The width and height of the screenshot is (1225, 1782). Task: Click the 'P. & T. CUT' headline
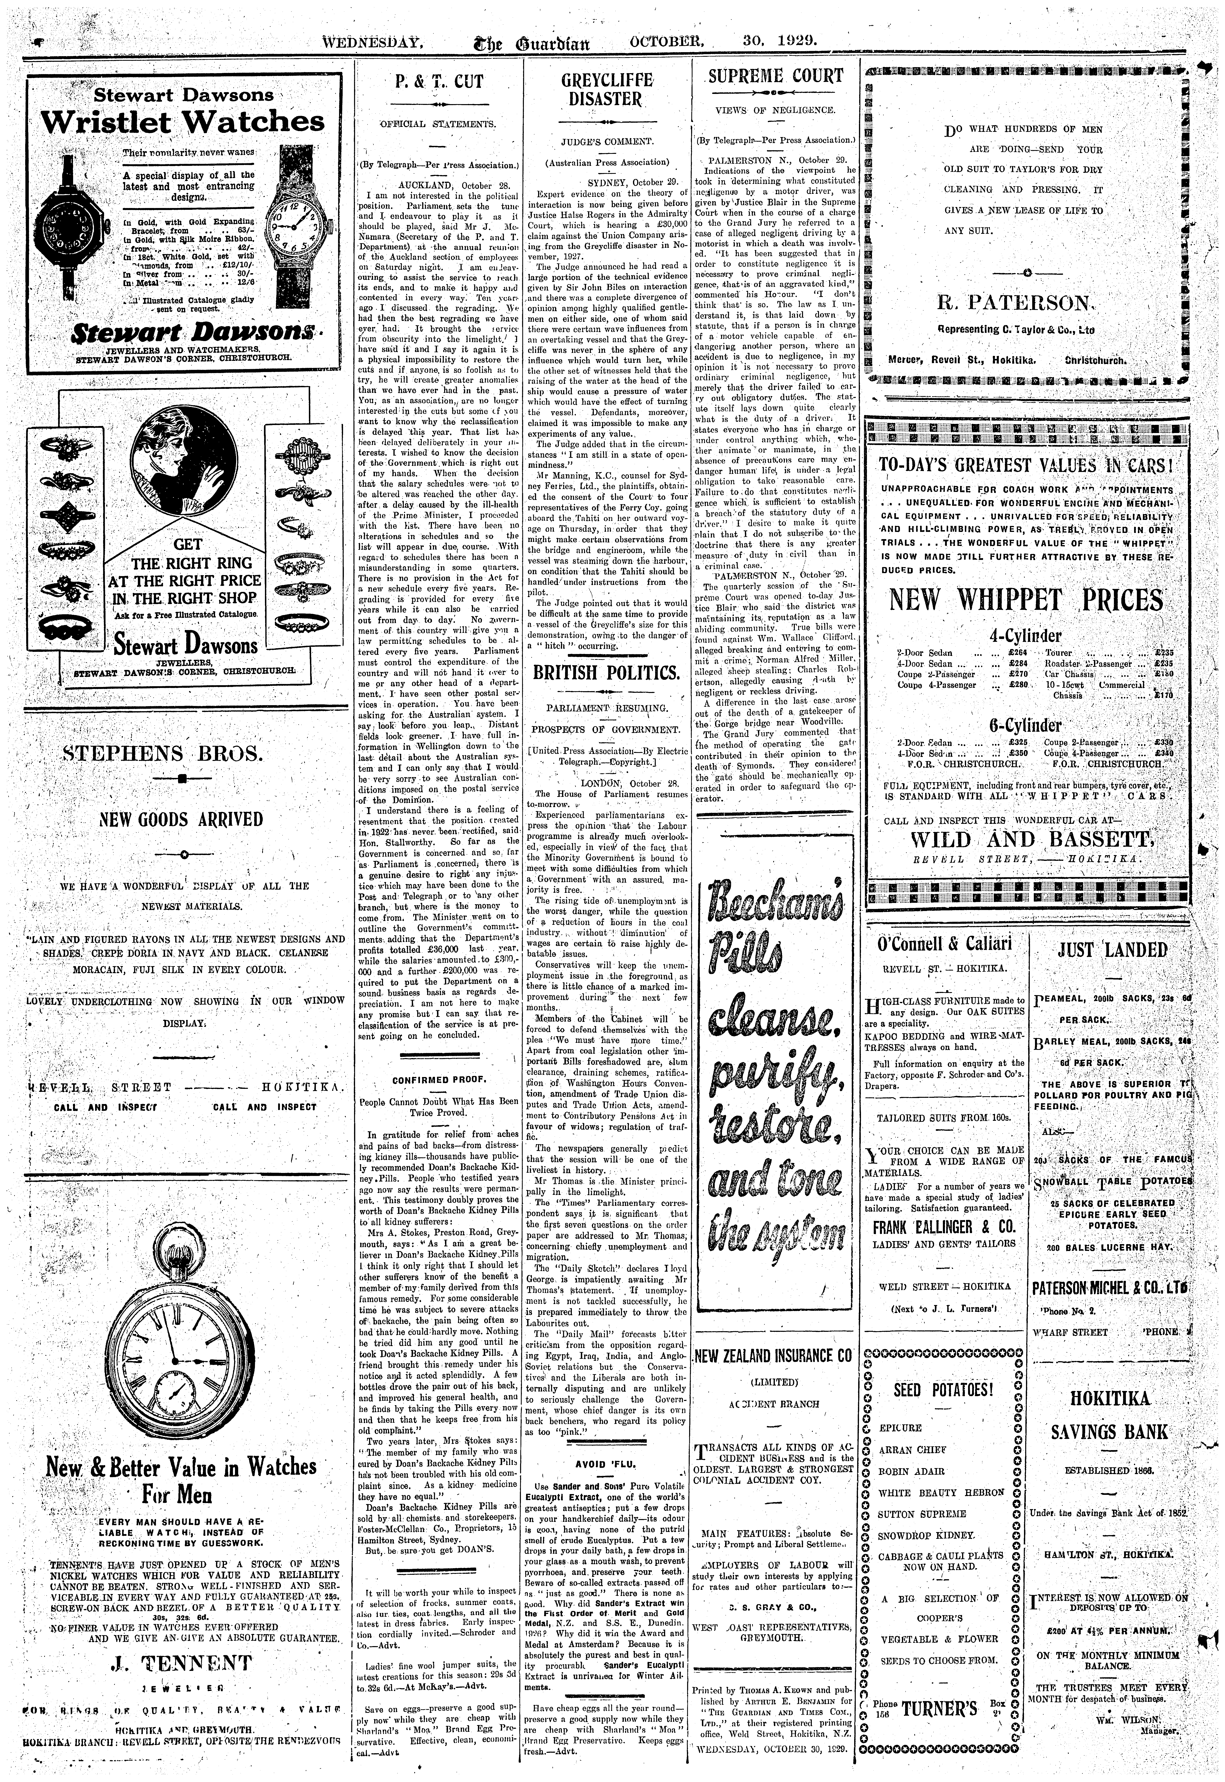(438, 81)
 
